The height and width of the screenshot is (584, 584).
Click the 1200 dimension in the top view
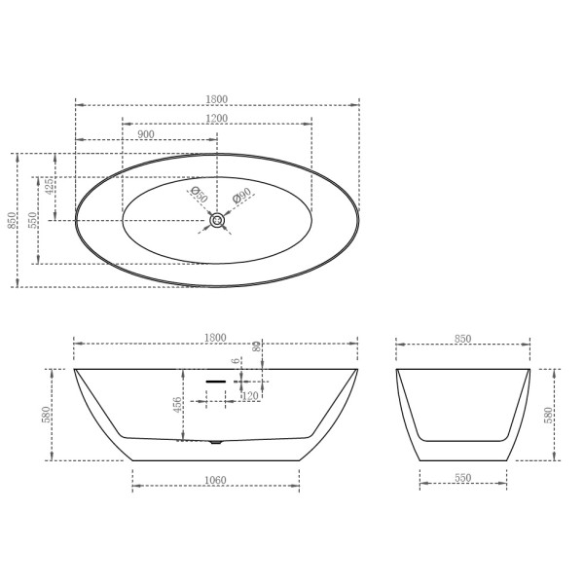click(216, 118)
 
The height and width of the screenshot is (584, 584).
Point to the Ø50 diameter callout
click(198, 194)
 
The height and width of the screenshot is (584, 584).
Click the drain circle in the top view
click(216, 221)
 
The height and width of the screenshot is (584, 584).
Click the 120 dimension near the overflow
click(249, 396)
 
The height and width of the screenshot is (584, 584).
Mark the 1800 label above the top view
click(216, 98)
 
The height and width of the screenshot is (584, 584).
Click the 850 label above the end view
click(462, 338)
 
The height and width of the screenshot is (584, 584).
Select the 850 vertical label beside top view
click(12, 221)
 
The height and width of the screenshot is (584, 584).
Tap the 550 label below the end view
click(462, 478)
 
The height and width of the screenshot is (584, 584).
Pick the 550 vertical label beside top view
click(32, 221)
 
